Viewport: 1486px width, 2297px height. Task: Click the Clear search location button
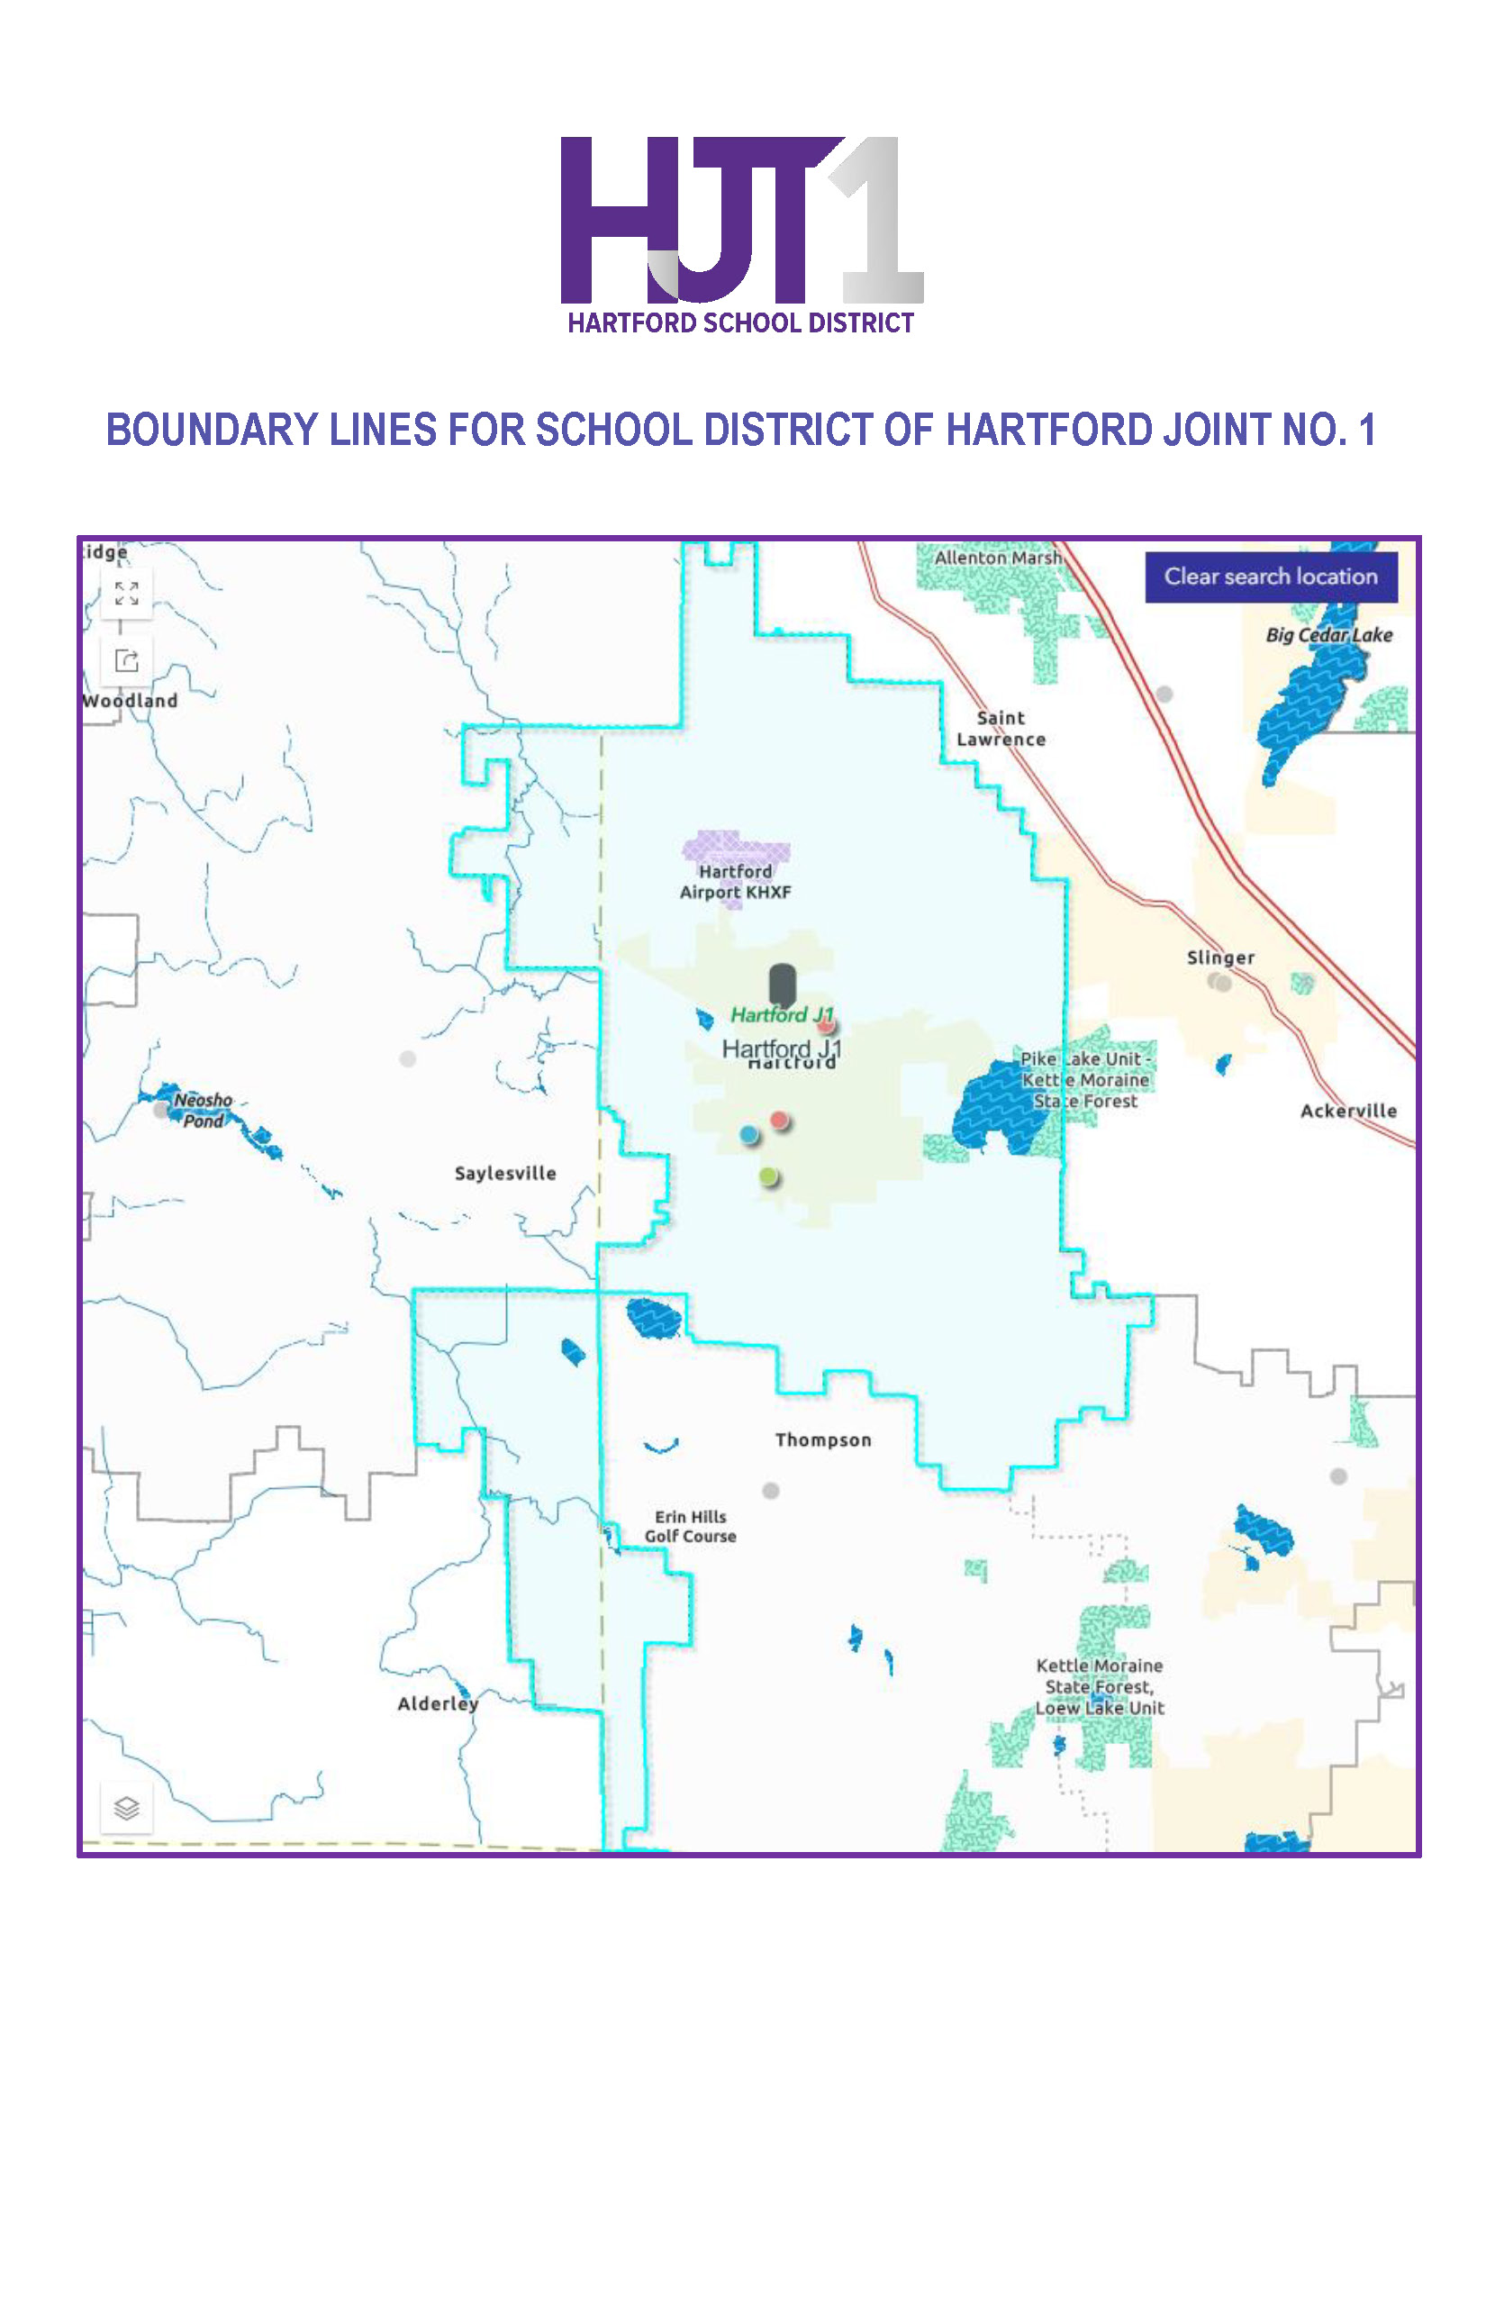pos(1270,577)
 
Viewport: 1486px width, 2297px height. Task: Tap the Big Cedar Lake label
pos(1327,635)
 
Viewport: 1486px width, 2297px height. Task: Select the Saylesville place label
pos(504,1174)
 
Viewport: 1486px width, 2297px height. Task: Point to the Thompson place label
pos(822,1440)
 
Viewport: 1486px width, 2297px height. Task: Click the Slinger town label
pos(1219,958)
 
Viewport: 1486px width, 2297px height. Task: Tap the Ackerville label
pos(1347,1111)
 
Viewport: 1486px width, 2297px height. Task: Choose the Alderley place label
pos(437,1703)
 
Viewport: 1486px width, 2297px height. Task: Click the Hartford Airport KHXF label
pos(735,882)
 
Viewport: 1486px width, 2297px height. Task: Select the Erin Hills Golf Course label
pos(690,1527)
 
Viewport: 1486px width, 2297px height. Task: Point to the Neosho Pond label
pos(203,1110)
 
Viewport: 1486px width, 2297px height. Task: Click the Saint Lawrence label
pos(1001,729)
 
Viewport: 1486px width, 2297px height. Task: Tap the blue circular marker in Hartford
pos(748,1134)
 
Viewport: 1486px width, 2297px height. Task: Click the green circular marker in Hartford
pos(768,1176)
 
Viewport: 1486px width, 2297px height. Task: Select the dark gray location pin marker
pos(782,984)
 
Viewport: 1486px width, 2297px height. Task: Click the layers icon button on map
pos(126,1808)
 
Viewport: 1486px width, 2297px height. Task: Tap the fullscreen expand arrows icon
pos(126,594)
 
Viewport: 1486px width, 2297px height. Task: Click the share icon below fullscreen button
pos(126,661)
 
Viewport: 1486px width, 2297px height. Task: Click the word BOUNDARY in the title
pos(212,431)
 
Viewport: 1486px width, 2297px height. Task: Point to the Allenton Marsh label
pos(997,558)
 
